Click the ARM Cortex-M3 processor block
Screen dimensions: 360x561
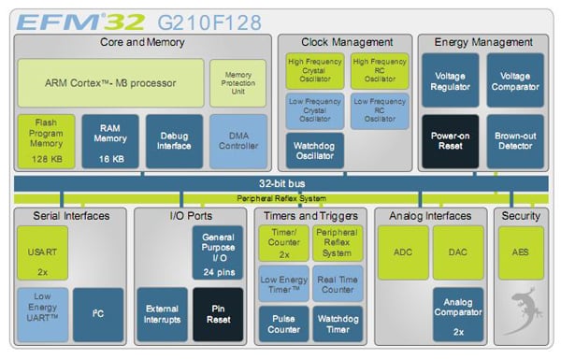109,81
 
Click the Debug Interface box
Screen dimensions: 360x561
174,141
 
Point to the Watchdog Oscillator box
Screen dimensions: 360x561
314,151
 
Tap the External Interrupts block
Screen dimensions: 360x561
162,314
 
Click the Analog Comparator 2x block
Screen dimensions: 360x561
458,314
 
